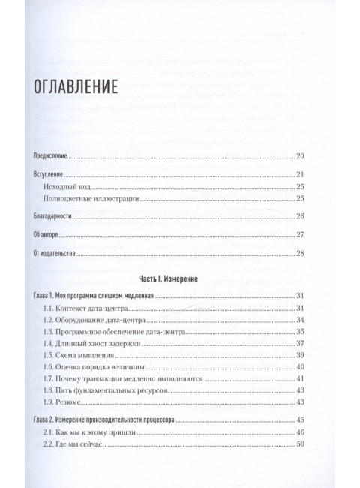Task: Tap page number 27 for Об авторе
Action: tap(299, 236)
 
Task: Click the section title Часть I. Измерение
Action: tap(180, 278)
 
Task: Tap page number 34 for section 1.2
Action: tap(299, 321)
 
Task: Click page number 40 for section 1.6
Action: tap(299, 368)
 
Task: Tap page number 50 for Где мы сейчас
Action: tap(299, 446)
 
